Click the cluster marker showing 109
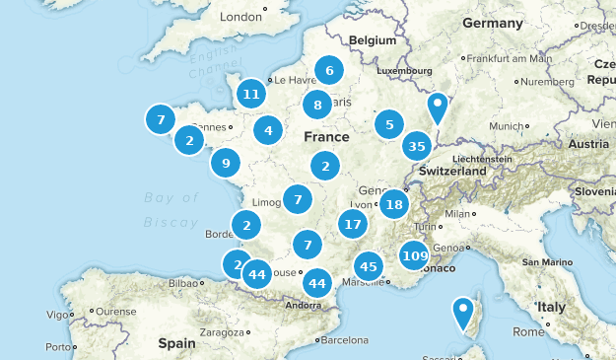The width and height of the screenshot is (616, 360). click(x=415, y=256)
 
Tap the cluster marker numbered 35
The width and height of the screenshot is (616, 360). click(x=417, y=147)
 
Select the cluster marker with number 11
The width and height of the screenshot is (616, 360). click(x=251, y=94)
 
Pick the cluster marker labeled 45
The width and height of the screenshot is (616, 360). click(x=369, y=266)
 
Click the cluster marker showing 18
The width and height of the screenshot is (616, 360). click(x=394, y=204)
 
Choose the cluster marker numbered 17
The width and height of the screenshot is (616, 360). click(x=352, y=224)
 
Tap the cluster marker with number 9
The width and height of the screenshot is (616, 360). click(x=226, y=163)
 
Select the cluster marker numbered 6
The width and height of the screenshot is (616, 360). click(x=329, y=70)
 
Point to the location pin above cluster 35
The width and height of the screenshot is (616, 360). click(x=438, y=108)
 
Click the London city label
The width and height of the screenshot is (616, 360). click(x=242, y=17)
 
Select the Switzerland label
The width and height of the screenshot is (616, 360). click(x=452, y=171)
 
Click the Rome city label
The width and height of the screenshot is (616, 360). click(x=529, y=331)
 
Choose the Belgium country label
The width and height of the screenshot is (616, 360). click(x=371, y=40)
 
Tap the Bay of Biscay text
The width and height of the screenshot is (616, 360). click(x=171, y=209)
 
